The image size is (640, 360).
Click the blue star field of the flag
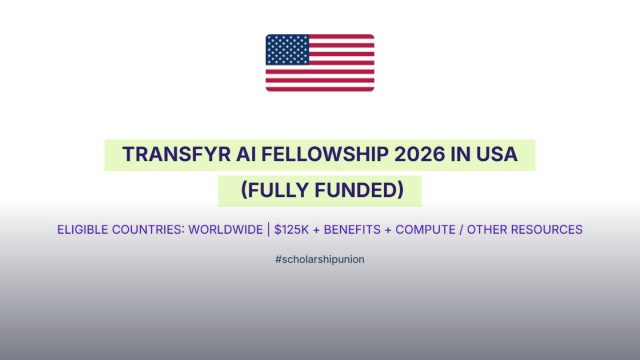[287, 49]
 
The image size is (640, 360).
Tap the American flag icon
[320, 63]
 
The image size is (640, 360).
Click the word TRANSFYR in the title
[176, 154]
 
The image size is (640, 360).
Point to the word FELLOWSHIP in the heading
[325, 154]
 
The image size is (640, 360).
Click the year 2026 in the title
[420, 154]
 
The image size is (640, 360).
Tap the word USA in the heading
[497, 154]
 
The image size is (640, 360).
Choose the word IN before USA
[460, 154]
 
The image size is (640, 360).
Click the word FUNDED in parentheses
[360, 190]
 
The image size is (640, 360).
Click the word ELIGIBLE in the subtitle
[82, 229]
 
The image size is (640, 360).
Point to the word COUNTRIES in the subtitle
[148, 229]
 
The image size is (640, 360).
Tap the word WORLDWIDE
[225, 229]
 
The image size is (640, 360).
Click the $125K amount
[291, 229]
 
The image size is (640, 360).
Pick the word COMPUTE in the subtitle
[425, 229]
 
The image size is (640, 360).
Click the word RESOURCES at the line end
[547, 229]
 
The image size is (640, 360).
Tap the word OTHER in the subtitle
[487, 229]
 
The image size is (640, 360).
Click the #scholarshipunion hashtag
[320, 260]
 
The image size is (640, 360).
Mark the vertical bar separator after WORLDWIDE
[269, 229]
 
